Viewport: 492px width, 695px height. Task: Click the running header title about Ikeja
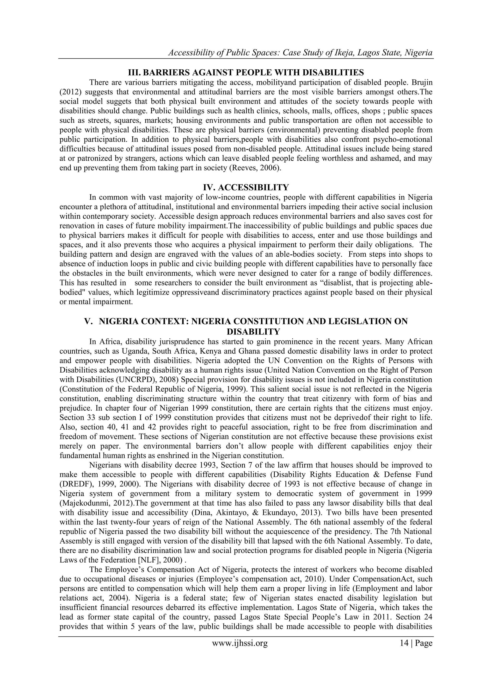tap(300, 53)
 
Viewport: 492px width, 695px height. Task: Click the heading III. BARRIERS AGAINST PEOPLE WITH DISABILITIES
tap(246, 73)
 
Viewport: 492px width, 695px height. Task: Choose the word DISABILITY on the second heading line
tap(253, 332)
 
